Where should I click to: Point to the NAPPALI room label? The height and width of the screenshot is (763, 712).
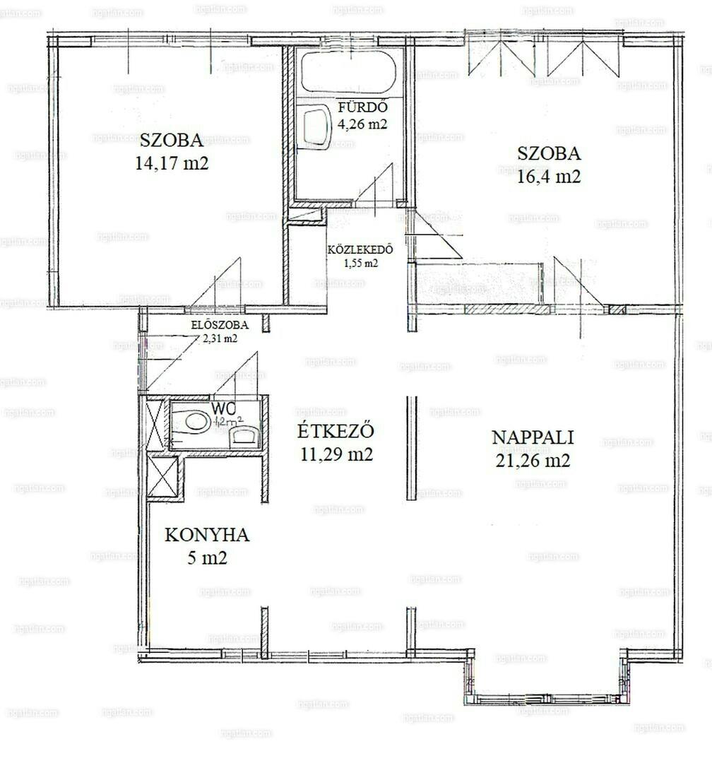click(533, 437)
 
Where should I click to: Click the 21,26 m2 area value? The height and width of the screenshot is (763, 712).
click(533, 461)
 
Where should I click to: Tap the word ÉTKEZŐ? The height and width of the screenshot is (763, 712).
click(335, 431)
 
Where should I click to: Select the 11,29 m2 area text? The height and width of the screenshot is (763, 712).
click(335, 454)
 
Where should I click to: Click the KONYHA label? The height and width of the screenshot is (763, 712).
click(207, 535)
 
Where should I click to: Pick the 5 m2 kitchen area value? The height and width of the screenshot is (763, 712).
click(207, 558)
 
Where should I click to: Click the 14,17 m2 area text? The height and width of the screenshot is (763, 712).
click(172, 163)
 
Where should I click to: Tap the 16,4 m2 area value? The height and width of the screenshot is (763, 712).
click(549, 177)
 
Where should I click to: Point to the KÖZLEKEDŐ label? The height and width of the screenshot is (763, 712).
click(360, 250)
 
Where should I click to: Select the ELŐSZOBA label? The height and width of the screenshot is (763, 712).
click(219, 326)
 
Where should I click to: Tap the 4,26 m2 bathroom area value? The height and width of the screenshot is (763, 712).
click(363, 124)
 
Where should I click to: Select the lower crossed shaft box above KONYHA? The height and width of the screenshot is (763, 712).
click(162, 478)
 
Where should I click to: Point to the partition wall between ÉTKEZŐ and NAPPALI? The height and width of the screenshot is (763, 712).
click(412, 449)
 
